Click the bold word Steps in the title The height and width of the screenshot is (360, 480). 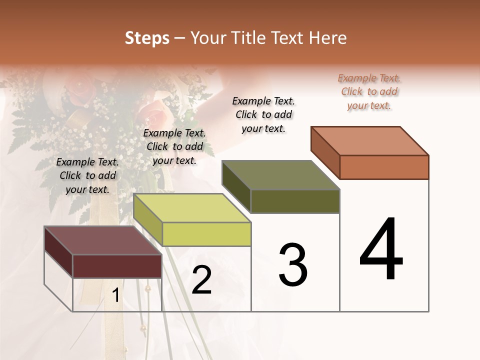pos(147,38)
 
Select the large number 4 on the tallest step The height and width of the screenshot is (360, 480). pos(381,249)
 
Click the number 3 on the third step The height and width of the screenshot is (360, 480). pos(293,264)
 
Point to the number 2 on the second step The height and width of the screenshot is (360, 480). pos(202,280)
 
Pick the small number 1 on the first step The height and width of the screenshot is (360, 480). pos(116,295)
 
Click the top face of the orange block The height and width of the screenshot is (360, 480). pos(370,140)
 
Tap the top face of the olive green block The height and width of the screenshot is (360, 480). pos(281,175)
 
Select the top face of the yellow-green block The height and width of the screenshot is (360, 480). pos(192,208)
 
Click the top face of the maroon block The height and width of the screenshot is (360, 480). pos(103,240)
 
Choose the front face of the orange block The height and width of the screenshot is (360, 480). pos(384,167)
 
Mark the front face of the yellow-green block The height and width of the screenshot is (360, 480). pos(206,234)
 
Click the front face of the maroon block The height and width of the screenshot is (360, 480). pos(117,266)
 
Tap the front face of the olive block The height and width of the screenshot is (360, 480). pos(295,201)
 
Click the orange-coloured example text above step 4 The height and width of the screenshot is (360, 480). pos(369,91)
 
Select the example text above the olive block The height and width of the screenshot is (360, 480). pos(263,114)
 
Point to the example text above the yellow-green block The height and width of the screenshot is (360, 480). pos(174,146)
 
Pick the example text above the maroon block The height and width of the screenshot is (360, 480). pos(87,175)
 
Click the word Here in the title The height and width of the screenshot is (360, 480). pos(327,38)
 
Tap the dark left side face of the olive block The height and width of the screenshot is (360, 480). pos(236,186)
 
